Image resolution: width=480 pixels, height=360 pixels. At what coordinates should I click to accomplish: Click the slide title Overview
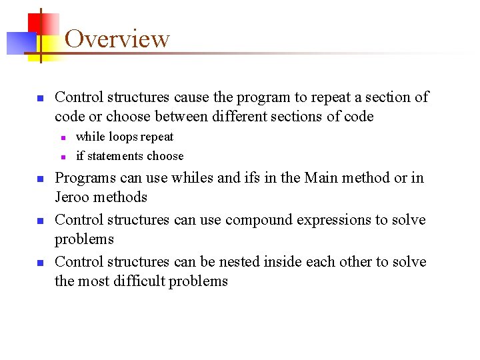117,39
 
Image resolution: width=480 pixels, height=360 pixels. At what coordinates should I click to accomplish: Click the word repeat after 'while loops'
157,137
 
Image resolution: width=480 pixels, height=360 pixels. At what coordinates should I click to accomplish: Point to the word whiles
191,178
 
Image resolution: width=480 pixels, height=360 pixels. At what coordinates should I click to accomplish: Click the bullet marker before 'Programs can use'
40,179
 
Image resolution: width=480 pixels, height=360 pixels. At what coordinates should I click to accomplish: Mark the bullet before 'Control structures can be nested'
40,263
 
